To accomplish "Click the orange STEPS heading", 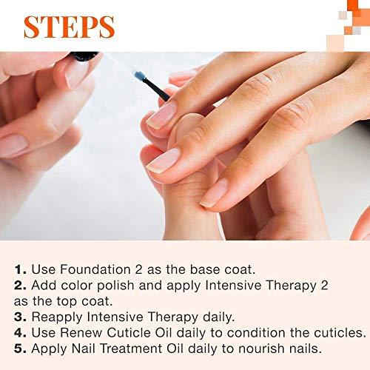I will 69,25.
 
